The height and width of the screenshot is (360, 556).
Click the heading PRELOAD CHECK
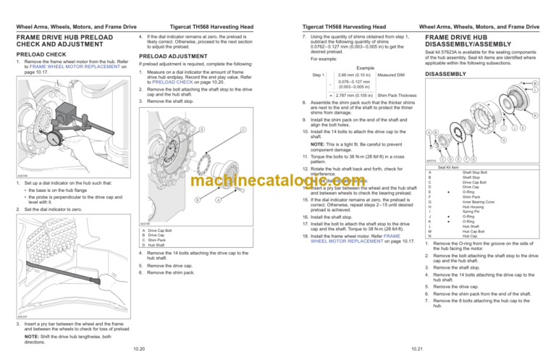pyautogui.click(x=29, y=52)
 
